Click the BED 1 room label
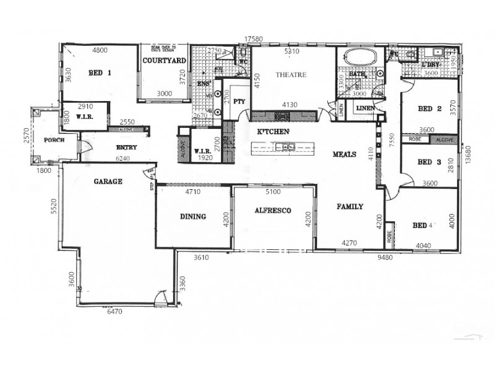(x=100, y=73)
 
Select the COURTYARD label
(x=165, y=61)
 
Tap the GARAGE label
(x=108, y=182)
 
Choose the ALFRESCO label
(x=273, y=211)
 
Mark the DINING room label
(x=193, y=216)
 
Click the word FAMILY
(x=350, y=206)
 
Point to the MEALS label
(x=344, y=154)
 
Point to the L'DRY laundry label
(x=430, y=64)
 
